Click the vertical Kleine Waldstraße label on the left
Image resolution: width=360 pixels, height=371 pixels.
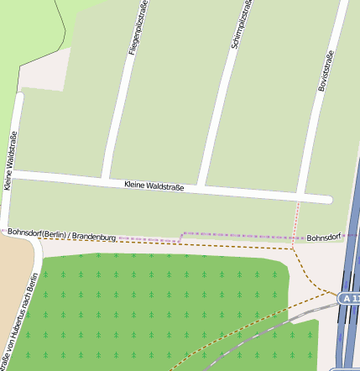click(11, 161)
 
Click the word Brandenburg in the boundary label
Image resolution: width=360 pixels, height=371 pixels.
click(94, 238)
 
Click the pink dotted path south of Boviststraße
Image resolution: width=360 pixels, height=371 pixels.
click(297, 220)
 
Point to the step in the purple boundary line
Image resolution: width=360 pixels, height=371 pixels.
click(180, 236)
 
